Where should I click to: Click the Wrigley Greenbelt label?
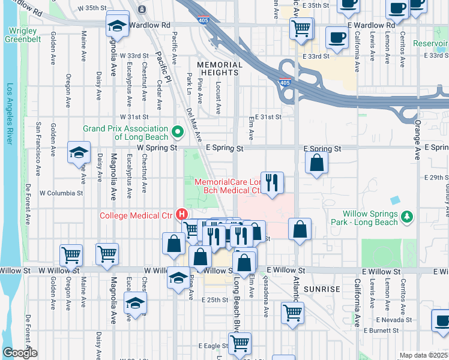[23, 35]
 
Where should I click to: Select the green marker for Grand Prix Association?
[177, 131]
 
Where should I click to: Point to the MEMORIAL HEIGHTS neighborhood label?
[220, 68]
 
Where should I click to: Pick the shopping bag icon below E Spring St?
[316, 162]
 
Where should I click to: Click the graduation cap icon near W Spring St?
[79, 153]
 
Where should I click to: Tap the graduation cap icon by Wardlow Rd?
[116, 25]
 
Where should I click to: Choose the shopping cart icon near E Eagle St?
[240, 343]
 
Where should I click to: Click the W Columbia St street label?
[61, 193]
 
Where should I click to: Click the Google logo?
[20, 353]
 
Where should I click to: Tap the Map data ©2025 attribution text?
[423, 355]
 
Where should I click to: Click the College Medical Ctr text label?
[136, 215]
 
